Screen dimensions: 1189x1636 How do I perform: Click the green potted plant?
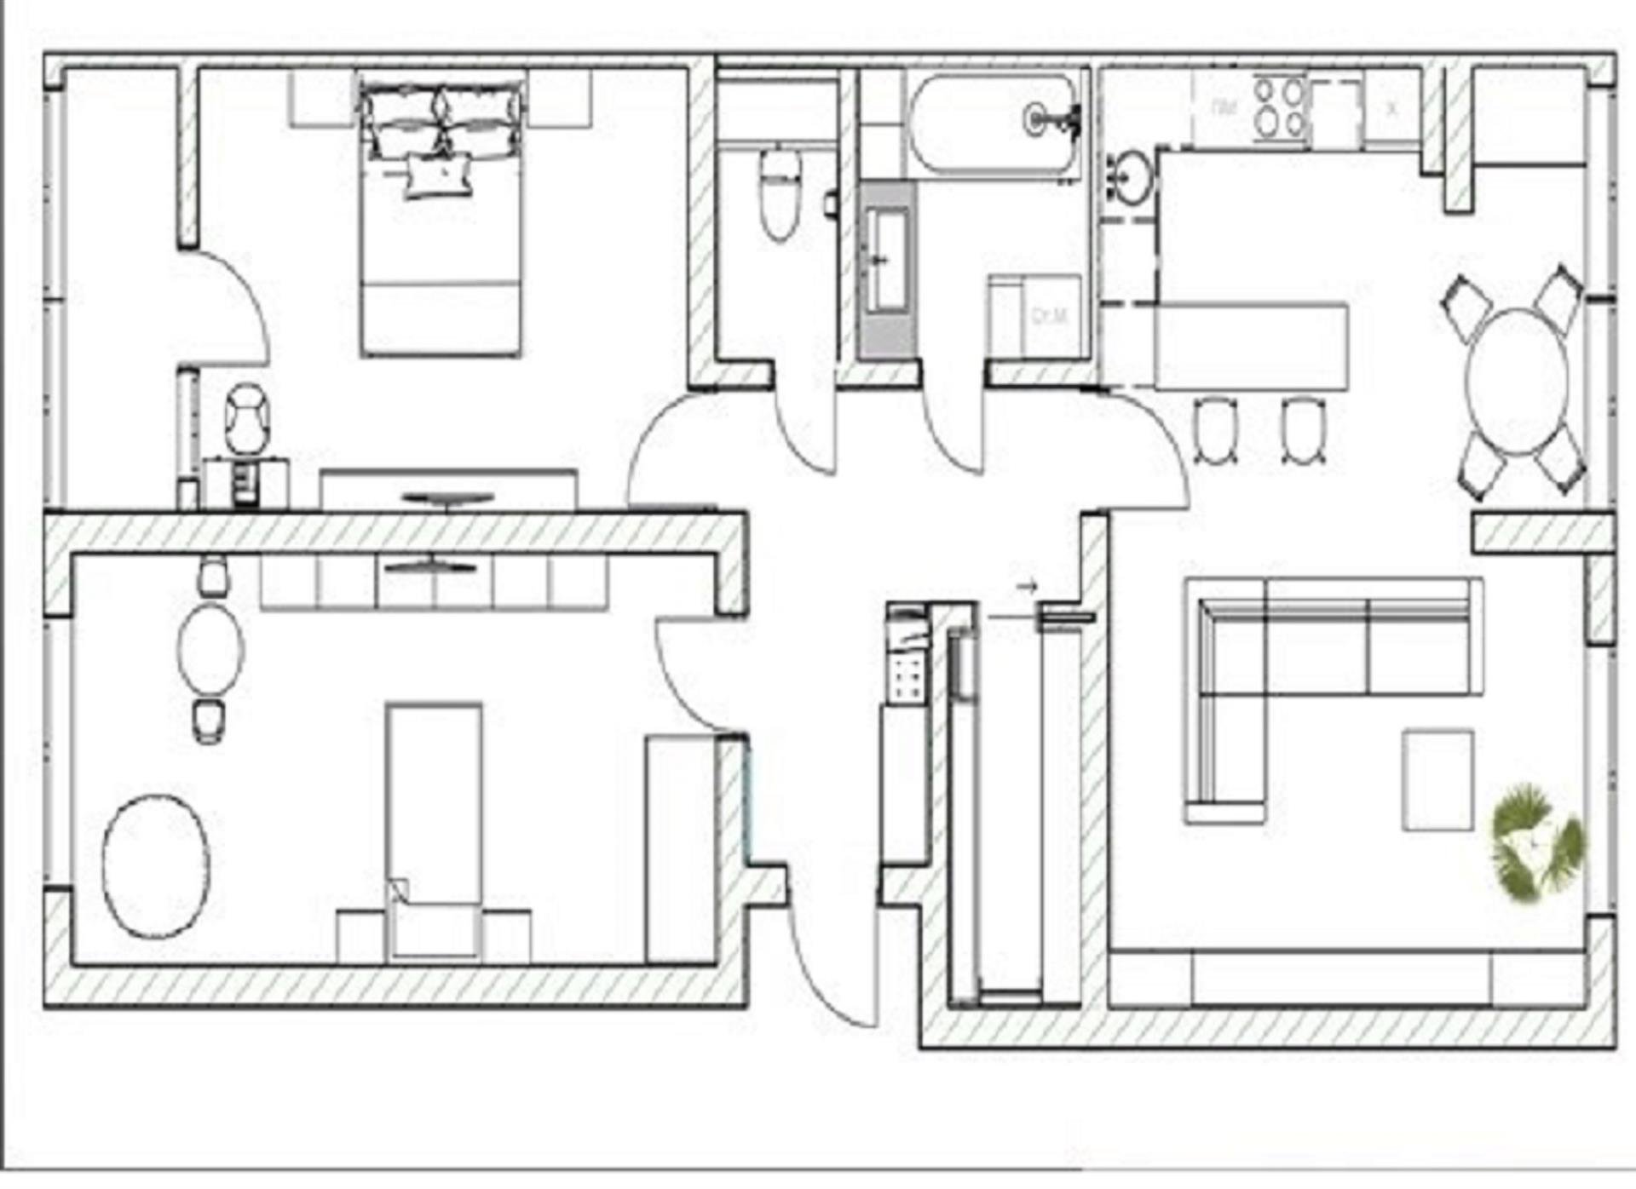point(1536,840)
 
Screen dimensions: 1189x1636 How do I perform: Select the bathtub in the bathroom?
point(993,123)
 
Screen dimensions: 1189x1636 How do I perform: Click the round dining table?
point(1518,380)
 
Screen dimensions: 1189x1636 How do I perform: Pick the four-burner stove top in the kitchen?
point(1279,107)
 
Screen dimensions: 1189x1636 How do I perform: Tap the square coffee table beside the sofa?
point(1437,779)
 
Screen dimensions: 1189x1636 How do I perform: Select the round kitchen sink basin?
point(1131,178)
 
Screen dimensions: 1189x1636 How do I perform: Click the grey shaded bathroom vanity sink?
point(887,268)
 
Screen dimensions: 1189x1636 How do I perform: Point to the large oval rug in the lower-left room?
point(156,866)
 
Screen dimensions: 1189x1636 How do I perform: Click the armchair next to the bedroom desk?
point(248,419)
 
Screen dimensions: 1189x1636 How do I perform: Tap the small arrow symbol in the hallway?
point(1028,586)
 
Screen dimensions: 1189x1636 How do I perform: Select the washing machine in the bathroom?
point(1035,315)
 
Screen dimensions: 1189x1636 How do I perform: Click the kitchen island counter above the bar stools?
point(1251,346)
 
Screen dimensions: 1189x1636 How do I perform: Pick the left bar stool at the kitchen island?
point(1215,430)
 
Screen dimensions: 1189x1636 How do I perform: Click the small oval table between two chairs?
point(210,649)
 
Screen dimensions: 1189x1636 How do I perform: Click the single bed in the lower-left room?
point(434,818)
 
